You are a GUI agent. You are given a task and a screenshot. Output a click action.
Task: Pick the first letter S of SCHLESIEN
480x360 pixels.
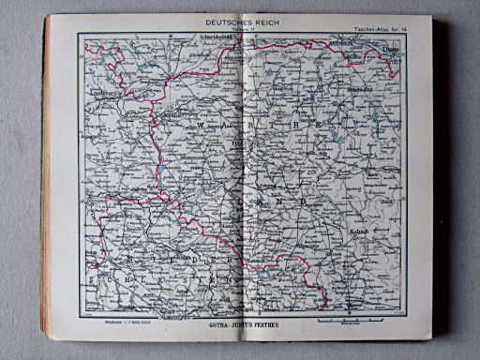click(92, 278)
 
